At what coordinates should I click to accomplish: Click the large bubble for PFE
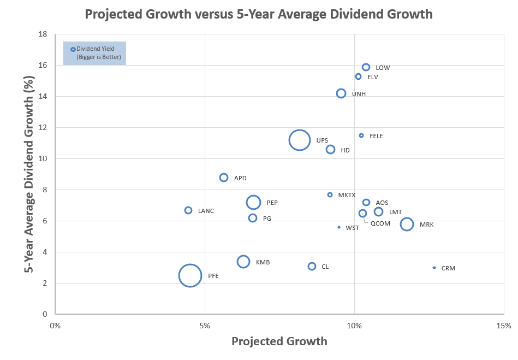click(x=190, y=275)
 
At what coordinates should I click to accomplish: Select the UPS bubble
click(x=299, y=140)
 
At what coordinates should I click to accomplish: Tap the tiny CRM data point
click(x=434, y=268)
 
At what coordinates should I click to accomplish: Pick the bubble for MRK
click(x=407, y=224)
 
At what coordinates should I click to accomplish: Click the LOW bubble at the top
click(x=366, y=67)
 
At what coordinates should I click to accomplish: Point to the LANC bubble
click(x=188, y=210)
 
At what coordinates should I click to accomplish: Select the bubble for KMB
click(x=243, y=262)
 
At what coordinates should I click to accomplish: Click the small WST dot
click(x=339, y=227)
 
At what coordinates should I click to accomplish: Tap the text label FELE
click(x=376, y=136)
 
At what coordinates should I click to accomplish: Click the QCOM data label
click(x=380, y=223)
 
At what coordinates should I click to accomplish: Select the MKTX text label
click(x=347, y=195)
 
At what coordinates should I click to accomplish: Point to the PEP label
click(x=272, y=203)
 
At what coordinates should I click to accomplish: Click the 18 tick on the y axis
click(x=43, y=34)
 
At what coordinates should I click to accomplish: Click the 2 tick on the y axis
click(x=45, y=283)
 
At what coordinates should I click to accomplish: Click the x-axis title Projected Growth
click(x=279, y=342)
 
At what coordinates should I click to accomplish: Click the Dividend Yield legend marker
click(x=73, y=49)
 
